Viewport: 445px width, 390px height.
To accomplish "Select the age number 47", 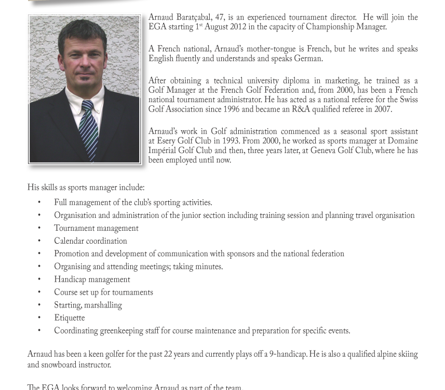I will (x=219, y=18).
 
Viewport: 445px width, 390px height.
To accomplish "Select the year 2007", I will (x=381, y=109).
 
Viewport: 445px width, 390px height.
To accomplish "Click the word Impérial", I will (x=164, y=151).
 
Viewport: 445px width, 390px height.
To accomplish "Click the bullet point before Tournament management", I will (x=39, y=228).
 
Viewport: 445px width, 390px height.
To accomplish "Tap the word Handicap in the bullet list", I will (x=72, y=280).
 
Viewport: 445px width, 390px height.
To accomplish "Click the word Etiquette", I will (x=69, y=318).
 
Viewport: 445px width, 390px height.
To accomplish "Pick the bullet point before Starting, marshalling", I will (x=39, y=305).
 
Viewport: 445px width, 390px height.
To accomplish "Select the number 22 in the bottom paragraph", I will (x=168, y=355).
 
